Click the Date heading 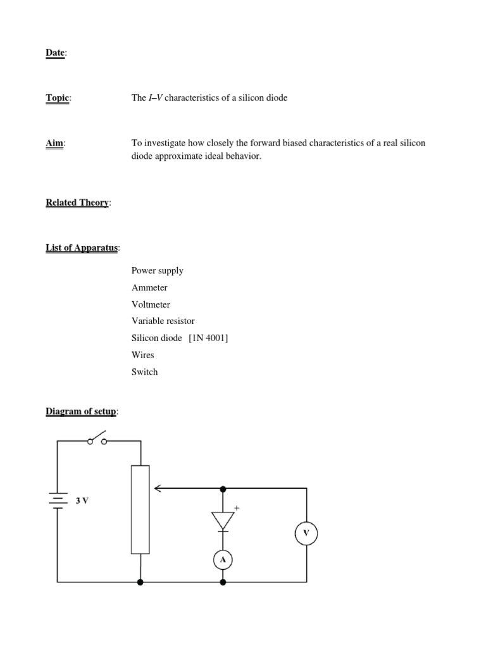click(x=55, y=53)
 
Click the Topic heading click(x=58, y=98)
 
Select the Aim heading click(x=55, y=143)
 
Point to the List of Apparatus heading click(x=82, y=247)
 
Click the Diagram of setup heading click(x=81, y=411)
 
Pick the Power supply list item click(x=158, y=271)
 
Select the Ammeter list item click(x=149, y=288)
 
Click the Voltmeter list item click(x=151, y=304)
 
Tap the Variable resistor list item click(x=163, y=321)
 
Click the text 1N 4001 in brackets click(x=208, y=339)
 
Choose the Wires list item click(x=143, y=355)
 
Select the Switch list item click(x=145, y=372)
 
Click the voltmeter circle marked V click(x=306, y=533)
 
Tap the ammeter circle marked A click(x=223, y=559)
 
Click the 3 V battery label click(x=82, y=501)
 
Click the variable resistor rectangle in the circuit click(x=140, y=509)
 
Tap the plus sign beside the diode click(x=237, y=508)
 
